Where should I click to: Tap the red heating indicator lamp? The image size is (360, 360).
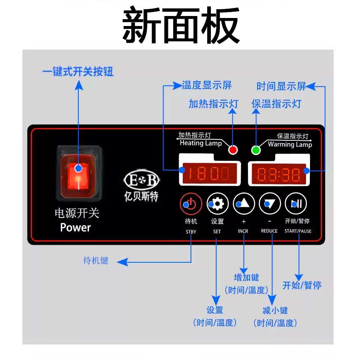coord(232,150)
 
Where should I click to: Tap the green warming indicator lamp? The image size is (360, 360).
coord(256,150)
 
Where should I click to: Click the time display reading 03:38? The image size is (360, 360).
coord(278,174)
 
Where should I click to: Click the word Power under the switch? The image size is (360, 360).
coord(75,228)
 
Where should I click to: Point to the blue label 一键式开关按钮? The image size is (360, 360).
coord(78,72)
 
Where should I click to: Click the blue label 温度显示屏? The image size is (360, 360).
coord(207,85)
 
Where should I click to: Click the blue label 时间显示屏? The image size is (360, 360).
coord(281,86)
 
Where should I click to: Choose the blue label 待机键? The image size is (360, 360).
coord(96,261)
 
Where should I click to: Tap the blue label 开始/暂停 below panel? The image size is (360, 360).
coord(302,285)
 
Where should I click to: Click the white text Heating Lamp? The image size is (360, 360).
coord(201,143)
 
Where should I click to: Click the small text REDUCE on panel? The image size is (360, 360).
coord(269,231)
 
